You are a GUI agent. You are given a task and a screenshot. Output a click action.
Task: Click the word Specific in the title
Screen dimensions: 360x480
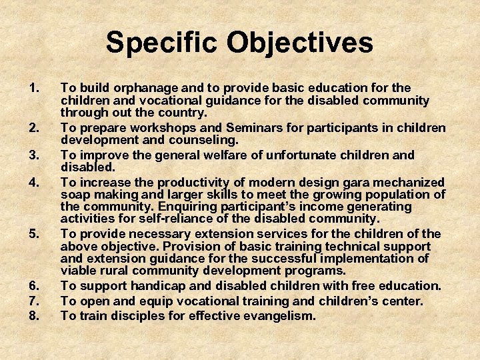162,43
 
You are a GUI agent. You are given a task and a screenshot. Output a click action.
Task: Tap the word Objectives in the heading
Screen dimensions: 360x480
299,43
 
